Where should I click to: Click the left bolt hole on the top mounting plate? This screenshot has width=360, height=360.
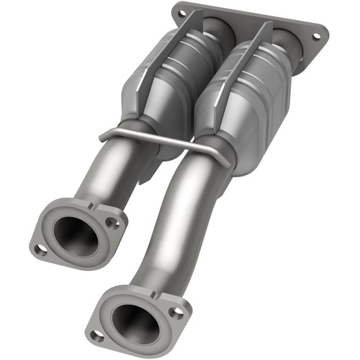181,13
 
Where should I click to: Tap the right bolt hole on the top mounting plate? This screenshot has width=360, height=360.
314,34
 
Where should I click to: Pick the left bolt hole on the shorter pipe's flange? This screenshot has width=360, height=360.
42,249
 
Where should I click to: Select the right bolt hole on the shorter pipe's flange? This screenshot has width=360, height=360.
112,223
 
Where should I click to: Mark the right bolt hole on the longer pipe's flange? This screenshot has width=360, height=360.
175,312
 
